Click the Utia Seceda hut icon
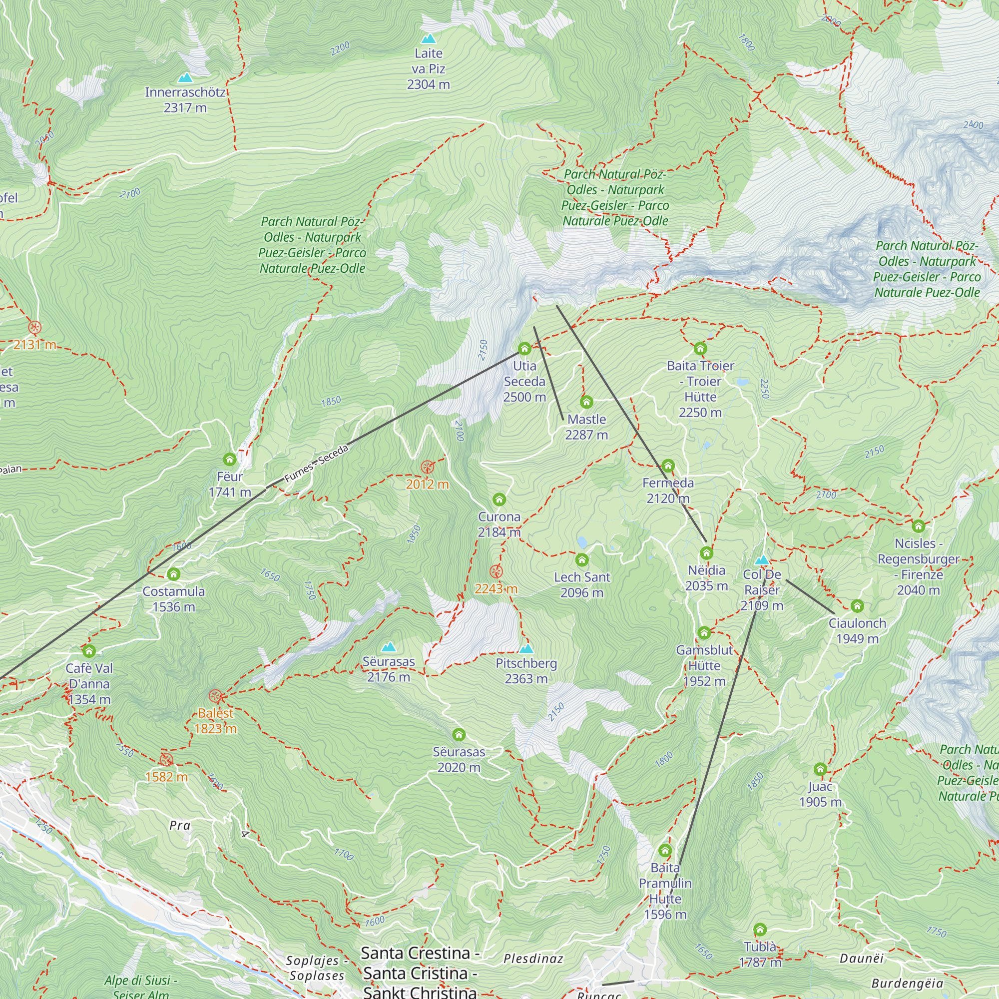[524, 349]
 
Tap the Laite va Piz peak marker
[428, 39]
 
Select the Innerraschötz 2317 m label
[185, 100]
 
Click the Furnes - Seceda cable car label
[317, 464]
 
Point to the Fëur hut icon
[230, 459]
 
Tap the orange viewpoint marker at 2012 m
[427, 468]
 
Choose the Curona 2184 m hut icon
[499, 499]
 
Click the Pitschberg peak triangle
[526, 648]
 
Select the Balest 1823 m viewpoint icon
[216, 696]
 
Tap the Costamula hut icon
[174, 574]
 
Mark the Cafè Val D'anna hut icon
[89, 651]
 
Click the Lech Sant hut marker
[582, 560]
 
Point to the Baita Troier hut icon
[700, 349]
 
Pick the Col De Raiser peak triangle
[762, 560]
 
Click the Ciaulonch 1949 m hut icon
[857, 606]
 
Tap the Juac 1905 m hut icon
[820, 769]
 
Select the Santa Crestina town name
[420, 953]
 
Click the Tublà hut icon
[760, 930]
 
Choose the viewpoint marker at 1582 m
[166, 760]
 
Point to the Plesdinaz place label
[533, 959]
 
